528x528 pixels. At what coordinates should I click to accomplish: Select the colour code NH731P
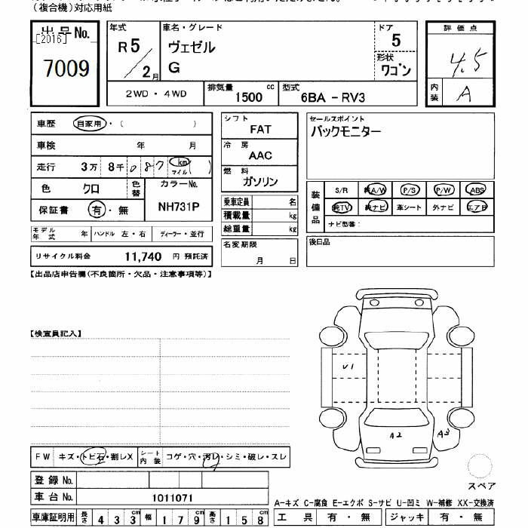[x=179, y=206]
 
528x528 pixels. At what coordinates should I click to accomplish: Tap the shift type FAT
[x=259, y=129]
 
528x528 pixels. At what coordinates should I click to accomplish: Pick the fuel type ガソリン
[x=260, y=182]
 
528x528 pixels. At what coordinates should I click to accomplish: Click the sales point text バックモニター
[x=346, y=130]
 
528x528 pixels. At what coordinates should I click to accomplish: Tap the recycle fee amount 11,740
[x=143, y=256]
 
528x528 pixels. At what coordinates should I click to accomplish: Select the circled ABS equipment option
[x=477, y=189]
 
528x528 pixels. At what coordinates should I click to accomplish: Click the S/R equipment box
[x=341, y=189]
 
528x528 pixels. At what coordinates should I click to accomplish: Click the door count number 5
[x=396, y=41]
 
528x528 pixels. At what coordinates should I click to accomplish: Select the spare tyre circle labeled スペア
[x=480, y=467]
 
